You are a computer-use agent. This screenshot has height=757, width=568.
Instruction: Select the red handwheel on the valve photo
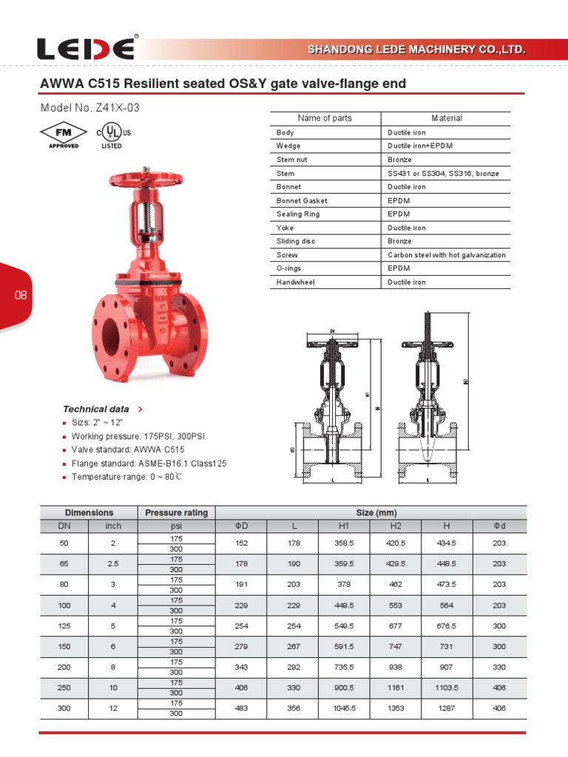point(145,180)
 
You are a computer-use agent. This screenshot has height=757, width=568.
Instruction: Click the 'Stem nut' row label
point(293,160)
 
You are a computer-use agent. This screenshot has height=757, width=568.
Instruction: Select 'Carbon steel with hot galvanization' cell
point(447,255)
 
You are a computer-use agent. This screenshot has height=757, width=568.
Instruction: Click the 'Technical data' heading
point(96,409)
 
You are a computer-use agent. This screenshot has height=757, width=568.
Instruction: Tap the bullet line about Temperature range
point(126,477)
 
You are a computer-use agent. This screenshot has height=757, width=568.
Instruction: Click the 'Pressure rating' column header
point(176,512)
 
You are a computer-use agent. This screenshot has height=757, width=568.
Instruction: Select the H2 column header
point(395,526)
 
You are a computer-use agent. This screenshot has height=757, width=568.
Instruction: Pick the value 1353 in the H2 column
point(395,707)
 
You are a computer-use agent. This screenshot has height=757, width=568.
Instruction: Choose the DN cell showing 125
point(63,625)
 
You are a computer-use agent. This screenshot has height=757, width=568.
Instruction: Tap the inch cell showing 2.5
point(112,563)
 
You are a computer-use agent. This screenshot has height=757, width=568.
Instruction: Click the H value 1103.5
point(447,687)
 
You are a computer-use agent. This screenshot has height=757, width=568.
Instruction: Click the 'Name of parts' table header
point(325,118)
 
